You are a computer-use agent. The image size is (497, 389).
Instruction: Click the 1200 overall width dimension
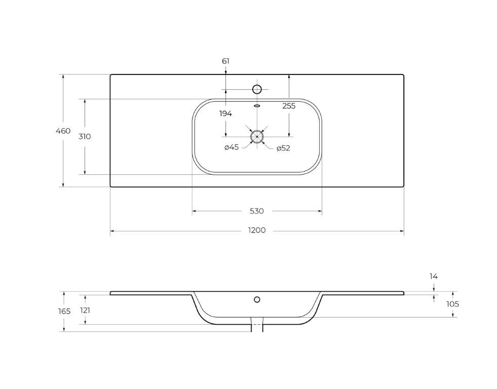coord(257,230)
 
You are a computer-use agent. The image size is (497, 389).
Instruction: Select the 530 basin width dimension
coord(257,211)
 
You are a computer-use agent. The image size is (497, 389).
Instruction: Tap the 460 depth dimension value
coord(63,131)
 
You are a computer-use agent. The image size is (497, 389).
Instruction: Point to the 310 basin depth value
coord(85,137)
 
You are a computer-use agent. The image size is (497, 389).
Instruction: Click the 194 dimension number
coord(225,113)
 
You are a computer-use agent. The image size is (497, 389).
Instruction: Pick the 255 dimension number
coord(289,106)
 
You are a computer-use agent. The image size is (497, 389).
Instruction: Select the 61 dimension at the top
coord(225,61)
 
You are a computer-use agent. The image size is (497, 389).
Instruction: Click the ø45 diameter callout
coord(232,147)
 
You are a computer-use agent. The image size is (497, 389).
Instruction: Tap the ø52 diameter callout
coord(283,148)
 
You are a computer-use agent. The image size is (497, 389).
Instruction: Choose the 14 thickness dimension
coord(434,277)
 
